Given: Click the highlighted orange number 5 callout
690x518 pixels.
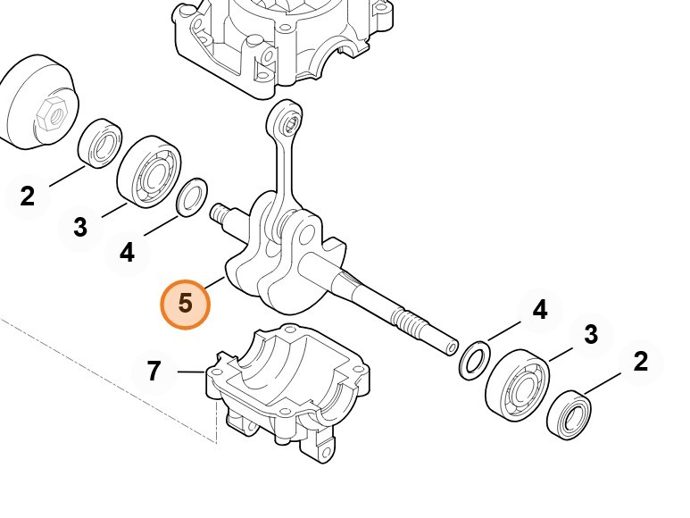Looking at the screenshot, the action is click(186, 305).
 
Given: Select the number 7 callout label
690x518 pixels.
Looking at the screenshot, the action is click(154, 371).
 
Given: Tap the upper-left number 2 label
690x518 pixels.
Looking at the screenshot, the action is click(28, 196).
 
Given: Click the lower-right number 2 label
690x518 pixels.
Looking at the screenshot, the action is click(641, 362).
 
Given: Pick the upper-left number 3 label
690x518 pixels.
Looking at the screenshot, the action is click(80, 228).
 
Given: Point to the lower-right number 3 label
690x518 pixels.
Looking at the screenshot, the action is click(591, 335).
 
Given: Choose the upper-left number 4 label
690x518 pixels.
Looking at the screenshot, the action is click(127, 253).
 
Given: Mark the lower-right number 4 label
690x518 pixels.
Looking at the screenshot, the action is click(540, 309).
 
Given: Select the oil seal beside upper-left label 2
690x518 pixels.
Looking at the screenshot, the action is click(100, 143).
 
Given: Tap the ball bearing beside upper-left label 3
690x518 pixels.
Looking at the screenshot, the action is click(150, 172).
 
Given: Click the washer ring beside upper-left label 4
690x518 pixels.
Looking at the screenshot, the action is click(192, 197).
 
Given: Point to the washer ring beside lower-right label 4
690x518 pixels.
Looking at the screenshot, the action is click(474, 359).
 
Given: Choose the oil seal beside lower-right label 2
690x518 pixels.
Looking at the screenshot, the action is click(569, 415).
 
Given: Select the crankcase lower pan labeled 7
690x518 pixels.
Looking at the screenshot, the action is click(287, 393).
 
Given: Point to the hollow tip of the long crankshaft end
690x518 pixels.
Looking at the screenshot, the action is click(452, 347).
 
